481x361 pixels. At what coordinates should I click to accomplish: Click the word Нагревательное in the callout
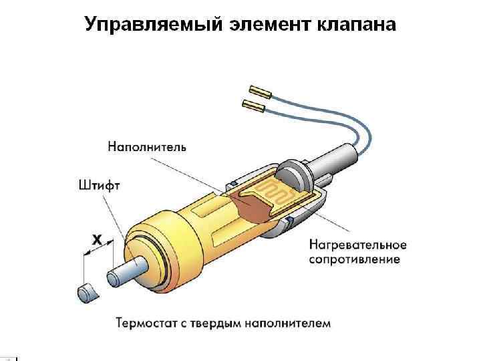(356, 245)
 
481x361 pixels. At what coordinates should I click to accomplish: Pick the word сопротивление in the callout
(354, 259)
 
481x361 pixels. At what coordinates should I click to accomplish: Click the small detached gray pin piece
(86, 291)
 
